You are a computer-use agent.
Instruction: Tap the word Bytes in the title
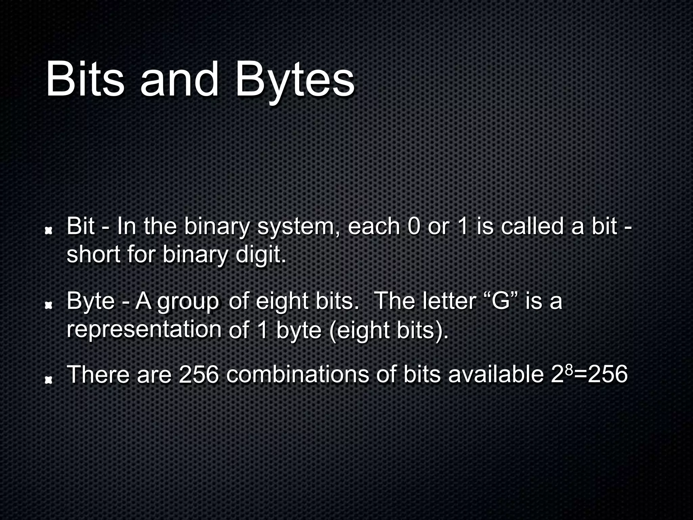295,81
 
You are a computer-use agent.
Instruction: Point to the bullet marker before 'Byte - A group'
49,306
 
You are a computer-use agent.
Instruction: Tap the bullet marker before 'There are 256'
49,381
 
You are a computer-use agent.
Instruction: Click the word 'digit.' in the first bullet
261,255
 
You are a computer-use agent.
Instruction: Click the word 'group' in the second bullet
188,302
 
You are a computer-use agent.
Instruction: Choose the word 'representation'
144,330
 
